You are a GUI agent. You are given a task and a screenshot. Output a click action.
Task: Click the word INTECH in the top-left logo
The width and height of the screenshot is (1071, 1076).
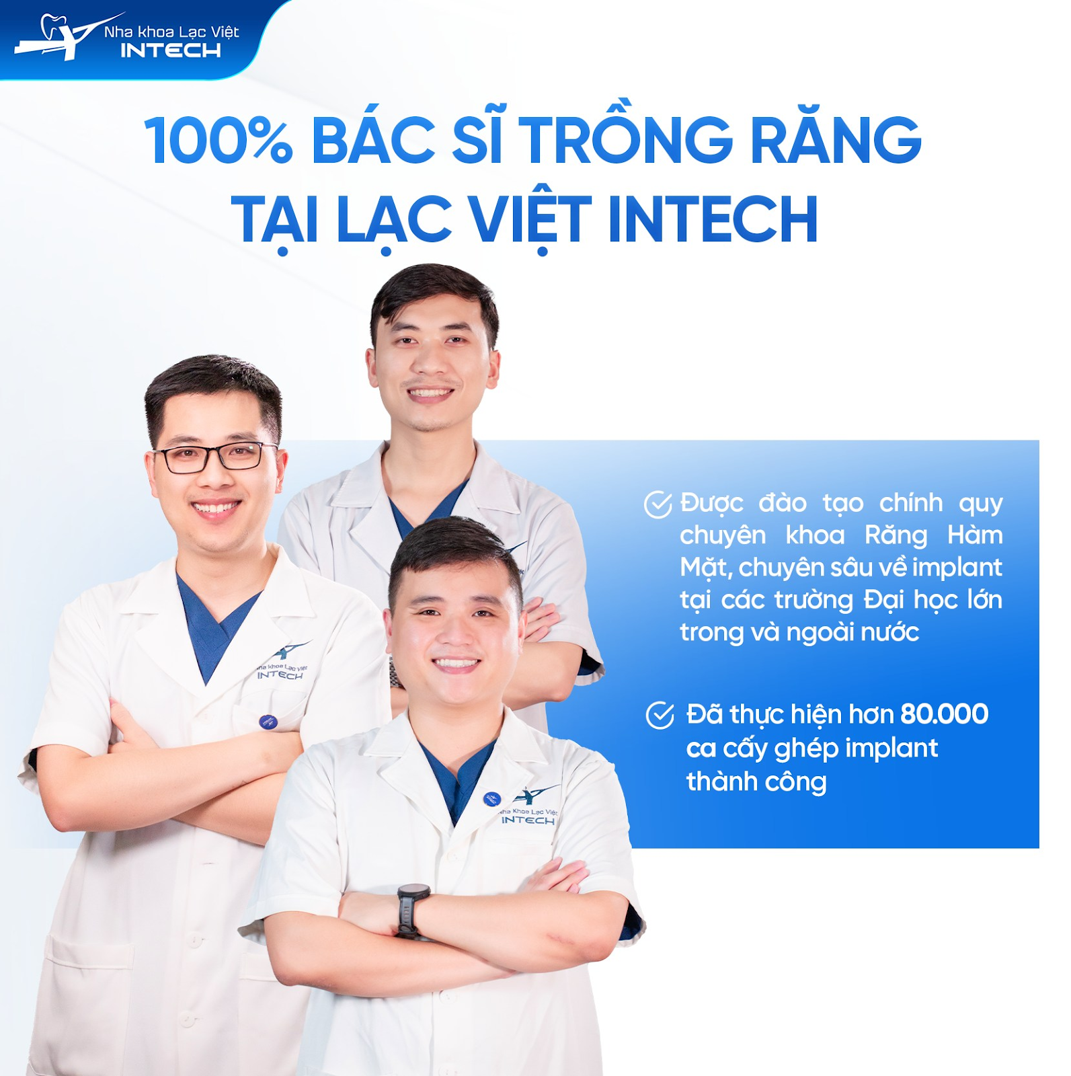coord(171,50)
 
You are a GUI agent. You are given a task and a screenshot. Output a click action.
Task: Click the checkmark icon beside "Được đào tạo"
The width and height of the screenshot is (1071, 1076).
coord(658,504)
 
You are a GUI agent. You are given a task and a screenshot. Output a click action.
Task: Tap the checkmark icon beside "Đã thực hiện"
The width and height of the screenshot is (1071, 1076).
coord(660,715)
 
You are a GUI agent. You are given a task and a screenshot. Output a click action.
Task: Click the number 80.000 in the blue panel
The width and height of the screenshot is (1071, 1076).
coord(944,714)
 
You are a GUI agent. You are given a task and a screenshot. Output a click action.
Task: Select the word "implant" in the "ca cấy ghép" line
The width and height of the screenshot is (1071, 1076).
coord(891,748)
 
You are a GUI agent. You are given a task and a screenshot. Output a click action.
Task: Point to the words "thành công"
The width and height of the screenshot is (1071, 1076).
coord(756,782)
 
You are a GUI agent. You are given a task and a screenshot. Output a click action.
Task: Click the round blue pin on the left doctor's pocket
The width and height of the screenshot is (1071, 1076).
coord(268,722)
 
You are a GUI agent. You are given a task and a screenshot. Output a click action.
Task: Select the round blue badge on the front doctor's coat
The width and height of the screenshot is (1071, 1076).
coord(492,799)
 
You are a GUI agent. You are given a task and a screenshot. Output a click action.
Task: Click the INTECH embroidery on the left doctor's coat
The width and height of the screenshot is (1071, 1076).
coord(280,675)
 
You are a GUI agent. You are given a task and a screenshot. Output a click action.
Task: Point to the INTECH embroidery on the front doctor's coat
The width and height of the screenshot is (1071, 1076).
coord(528,820)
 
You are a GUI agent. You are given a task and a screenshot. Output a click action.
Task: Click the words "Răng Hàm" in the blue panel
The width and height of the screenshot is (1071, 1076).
coord(934,536)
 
